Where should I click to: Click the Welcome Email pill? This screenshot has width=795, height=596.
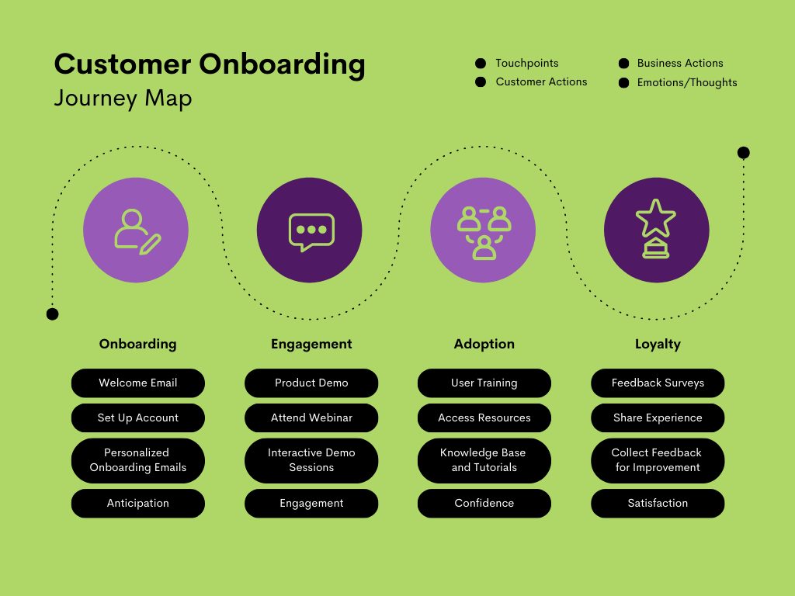pos(138,383)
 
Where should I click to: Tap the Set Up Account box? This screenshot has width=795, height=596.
pos(138,418)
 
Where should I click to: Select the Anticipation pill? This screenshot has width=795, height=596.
pos(138,503)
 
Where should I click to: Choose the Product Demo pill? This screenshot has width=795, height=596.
pos(311,383)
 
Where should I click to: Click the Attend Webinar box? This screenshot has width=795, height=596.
pos(311,418)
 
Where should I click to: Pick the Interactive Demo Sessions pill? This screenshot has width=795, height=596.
pos(311,461)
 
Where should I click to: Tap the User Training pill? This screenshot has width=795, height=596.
pos(484,383)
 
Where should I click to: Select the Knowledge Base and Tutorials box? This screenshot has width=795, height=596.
pos(484,461)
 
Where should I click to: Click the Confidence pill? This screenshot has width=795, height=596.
pos(484,503)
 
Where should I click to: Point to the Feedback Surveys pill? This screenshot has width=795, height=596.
pos(658,383)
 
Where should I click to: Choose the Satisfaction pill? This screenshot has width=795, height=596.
pos(658,503)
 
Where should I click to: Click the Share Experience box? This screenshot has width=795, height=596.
pos(658,418)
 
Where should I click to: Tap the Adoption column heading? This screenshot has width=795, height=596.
pos(484,344)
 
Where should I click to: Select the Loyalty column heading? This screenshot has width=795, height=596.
pos(658,345)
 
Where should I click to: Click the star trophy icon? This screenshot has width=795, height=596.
pos(656,229)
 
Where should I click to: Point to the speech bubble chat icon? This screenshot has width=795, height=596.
pos(311,232)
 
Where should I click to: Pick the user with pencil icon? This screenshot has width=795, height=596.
pos(137,231)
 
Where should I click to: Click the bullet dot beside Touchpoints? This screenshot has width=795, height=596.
pos(481,64)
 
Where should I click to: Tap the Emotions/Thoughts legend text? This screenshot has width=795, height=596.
pos(687,82)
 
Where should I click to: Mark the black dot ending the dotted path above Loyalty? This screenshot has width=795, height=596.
pos(743,153)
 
